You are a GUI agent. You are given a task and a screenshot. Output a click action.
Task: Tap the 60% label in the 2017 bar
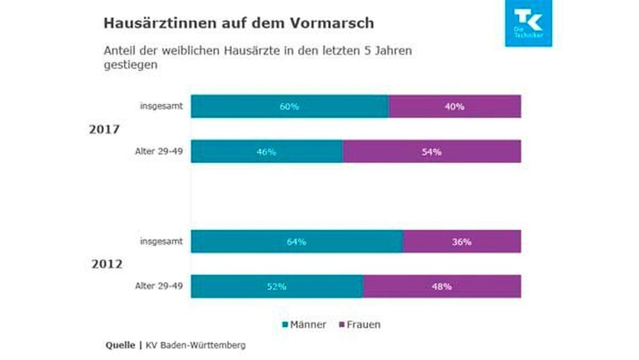click(289, 107)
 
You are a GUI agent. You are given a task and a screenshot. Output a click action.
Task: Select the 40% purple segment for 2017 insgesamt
click(454, 106)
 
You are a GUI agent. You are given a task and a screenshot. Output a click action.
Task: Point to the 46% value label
click(266, 152)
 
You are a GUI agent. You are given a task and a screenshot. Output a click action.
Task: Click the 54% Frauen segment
click(431, 152)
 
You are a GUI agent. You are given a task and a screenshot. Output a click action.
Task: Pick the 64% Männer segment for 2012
click(296, 242)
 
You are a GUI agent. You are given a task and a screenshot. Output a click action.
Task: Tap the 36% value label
click(461, 242)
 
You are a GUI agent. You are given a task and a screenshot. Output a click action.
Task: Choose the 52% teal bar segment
click(276, 286)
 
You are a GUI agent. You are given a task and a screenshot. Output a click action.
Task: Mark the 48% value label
click(442, 286)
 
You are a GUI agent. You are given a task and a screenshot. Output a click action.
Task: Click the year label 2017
click(105, 129)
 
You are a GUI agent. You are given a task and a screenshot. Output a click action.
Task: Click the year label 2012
click(105, 263)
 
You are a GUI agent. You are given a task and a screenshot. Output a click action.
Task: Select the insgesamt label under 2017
click(162, 106)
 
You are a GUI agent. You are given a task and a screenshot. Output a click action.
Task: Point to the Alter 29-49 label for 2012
click(158, 286)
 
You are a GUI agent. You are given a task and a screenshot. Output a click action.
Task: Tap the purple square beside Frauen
click(342, 325)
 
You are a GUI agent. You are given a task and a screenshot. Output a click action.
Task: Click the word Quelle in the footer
click(120, 345)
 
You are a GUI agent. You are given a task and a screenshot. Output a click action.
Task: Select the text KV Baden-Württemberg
click(196, 345)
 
